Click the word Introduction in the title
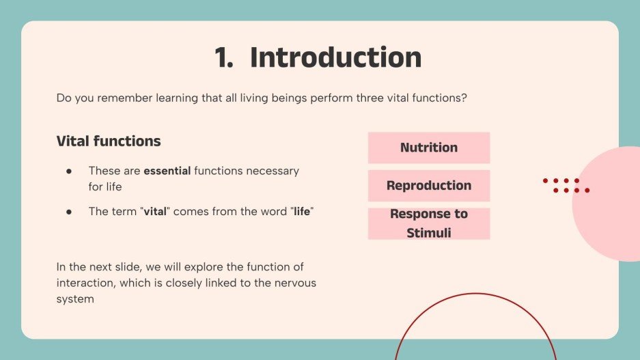click(x=335, y=57)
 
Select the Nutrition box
click(x=429, y=148)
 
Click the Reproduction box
click(x=429, y=186)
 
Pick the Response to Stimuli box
click(x=429, y=223)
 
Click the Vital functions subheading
click(x=109, y=141)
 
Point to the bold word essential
click(x=167, y=171)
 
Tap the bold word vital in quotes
click(x=155, y=212)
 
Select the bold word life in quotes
click(x=301, y=212)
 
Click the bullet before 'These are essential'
click(x=69, y=171)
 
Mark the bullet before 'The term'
click(x=69, y=212)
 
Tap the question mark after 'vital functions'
click(x=464, y=98)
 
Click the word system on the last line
click(x=75, y=299)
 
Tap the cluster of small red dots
click(x=566, y=185)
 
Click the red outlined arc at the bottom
click(x=475, y=294)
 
